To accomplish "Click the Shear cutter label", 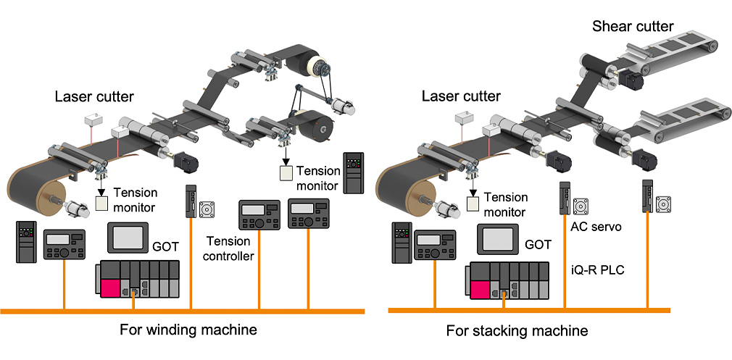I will click(633, 27).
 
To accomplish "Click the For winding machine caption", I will click(188, 330).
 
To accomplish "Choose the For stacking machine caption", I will click(517, 331).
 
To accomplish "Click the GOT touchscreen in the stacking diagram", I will click(499, 238).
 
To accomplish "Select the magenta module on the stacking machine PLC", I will click(481, 289).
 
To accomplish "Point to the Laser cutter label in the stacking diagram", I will click(461, 96).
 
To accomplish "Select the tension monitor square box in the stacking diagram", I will click(473, 204).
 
